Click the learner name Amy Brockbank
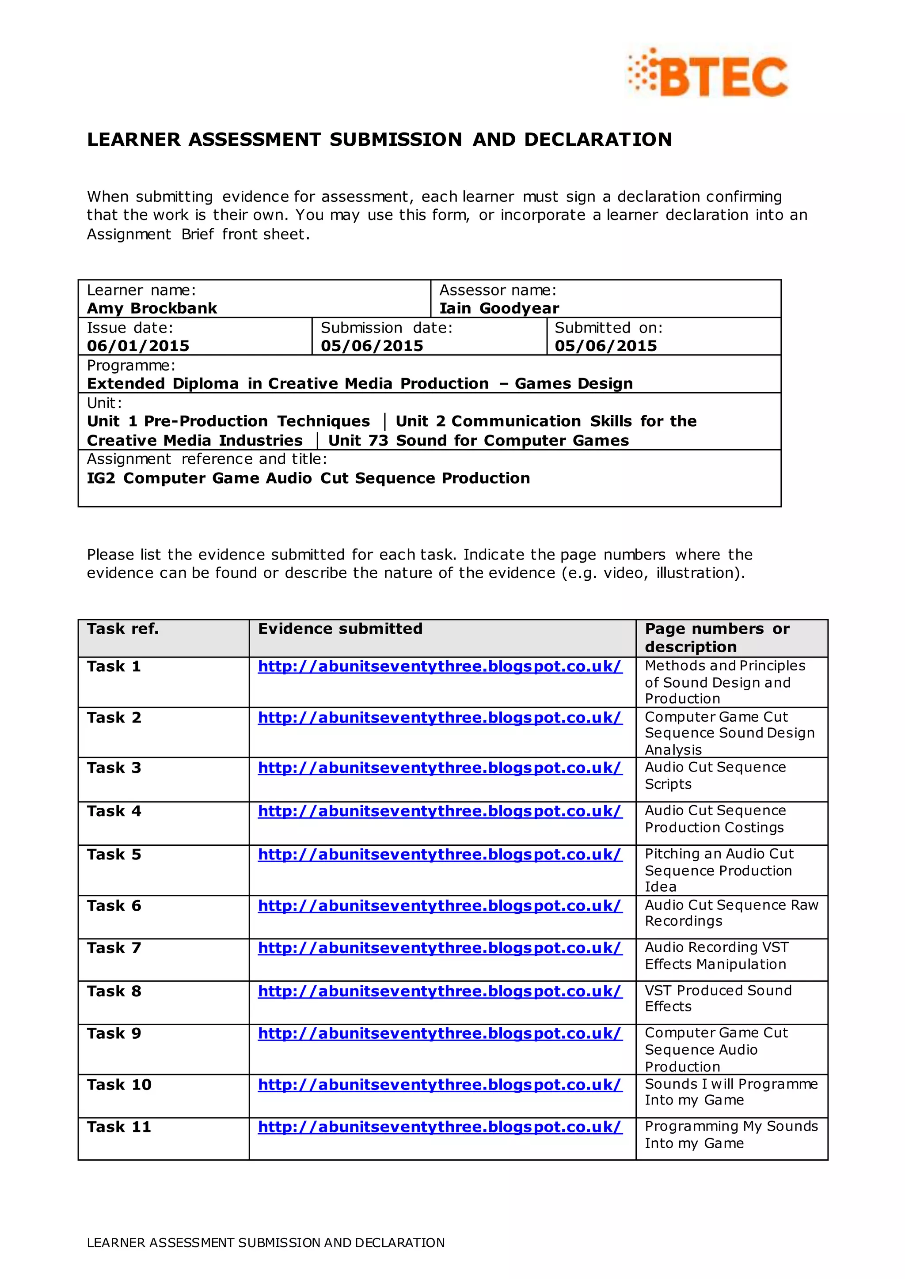click(152, 308)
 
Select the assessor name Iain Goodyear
click(499, 308)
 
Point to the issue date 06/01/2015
click(137, 346)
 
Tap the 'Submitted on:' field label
click(608, 328)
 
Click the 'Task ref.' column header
click(122, 629)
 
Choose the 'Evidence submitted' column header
click(340, 629)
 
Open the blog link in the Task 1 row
click(440, 666)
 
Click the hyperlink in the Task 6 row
click(440, 906)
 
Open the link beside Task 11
click(440, 1127)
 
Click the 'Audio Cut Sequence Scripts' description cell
click(715, 776)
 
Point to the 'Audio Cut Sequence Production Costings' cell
click(715, 819)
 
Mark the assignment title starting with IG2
click(308, 478)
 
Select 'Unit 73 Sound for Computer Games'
click(478, 441)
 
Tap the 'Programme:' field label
click(131, 365)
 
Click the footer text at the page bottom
click(266, 1243)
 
